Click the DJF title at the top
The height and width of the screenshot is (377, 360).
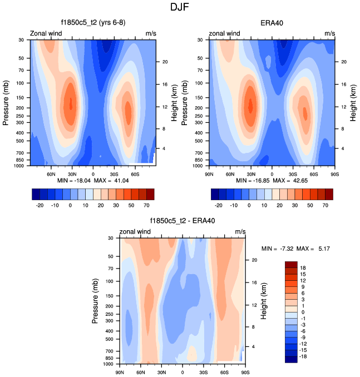point(180,8)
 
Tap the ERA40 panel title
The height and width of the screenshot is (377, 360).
point(272,23)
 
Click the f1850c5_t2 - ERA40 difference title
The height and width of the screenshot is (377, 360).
point(182,221)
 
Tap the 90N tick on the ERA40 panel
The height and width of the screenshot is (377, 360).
point(210,174)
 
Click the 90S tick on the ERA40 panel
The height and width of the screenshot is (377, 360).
point(334,174)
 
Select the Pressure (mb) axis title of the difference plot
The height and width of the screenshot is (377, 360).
point(95,301)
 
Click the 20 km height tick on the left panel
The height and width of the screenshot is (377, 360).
point(165,62)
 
